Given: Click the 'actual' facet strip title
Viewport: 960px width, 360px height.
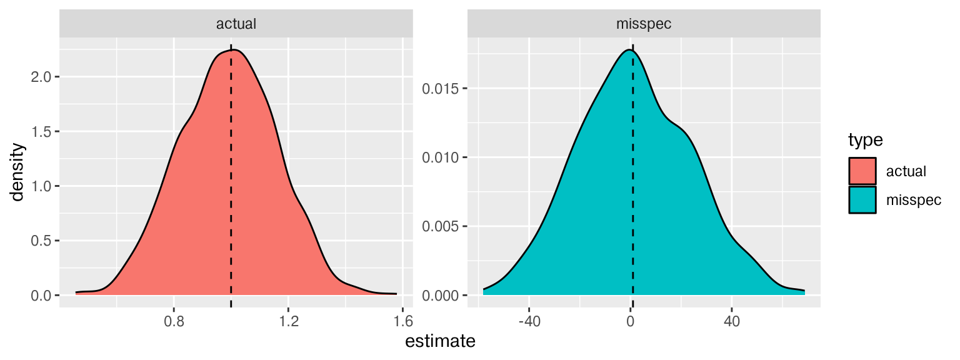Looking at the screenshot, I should click(236, 24).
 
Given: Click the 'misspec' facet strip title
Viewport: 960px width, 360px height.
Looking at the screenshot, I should click(644, 24).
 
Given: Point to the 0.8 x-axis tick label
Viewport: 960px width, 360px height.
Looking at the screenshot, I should click(174, 322).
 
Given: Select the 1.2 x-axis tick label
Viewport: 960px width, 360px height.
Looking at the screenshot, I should click(288, 322).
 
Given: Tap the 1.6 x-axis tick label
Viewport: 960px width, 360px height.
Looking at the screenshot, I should click(403, 322).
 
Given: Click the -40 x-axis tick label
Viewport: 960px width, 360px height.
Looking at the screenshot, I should click(529, 322).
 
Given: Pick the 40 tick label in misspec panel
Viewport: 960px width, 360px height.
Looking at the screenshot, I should click(731, 322).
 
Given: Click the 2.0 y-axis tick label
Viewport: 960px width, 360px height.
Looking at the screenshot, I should click(42, 77).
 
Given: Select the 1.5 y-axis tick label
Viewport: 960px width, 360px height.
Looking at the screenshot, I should click(42, 132).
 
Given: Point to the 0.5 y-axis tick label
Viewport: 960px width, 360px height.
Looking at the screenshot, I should click(42, 241).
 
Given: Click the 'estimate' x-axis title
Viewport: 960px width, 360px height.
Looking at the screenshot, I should click(440, 342).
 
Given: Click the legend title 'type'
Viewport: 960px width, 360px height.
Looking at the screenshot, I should click(864, 141).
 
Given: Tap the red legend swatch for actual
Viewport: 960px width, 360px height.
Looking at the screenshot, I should click(862, 171).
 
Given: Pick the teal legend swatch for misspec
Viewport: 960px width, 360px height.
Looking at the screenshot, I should click(862, 200).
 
